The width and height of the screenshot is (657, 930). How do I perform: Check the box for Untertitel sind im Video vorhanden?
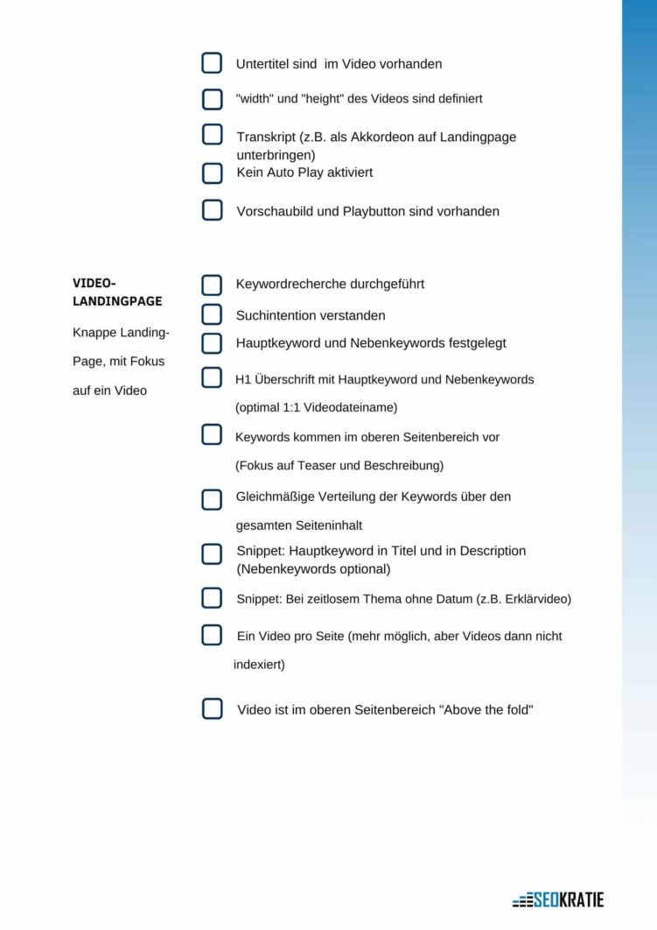(212, 63)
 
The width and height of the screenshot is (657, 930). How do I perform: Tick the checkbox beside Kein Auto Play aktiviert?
(212, 173)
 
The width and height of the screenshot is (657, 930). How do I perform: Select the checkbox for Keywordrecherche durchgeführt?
(212, 285)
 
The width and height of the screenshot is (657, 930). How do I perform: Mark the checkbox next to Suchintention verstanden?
(212, 314)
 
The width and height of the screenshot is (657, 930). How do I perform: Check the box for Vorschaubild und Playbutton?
(212, 210)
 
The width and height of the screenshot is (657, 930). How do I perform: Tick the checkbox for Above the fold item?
(212, 709)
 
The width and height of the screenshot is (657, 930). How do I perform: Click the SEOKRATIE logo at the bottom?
(558, 899)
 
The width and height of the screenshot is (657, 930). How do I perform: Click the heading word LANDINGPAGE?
(117, 301)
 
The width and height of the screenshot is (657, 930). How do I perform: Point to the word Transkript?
(265, 137)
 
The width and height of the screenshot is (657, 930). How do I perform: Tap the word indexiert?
(258, 665)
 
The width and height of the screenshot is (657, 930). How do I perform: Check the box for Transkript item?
(212, 135)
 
